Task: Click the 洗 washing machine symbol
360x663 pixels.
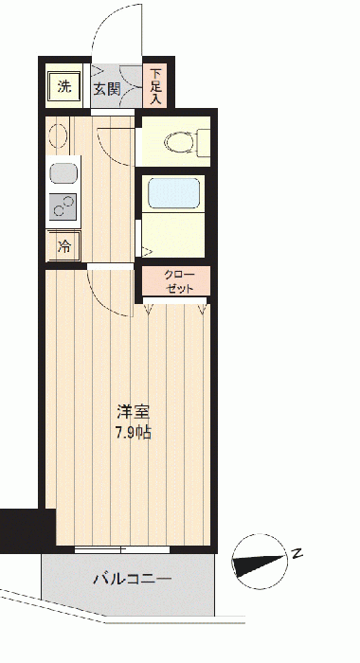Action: coord(63,87)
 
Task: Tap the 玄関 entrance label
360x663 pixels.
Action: coord(107,89)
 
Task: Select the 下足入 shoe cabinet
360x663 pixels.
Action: coord(155,86)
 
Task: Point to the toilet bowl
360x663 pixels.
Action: coord(181,142)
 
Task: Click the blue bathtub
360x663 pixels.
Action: coord(174,193)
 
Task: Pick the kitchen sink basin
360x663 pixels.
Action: coord(63,173)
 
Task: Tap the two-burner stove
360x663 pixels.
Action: coord(63,206)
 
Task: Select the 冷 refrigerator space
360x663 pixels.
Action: coord(63,246)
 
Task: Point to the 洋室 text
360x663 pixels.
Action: coord(134,411)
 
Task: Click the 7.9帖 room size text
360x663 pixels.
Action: coord(134,432)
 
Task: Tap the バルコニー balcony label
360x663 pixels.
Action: coord(133,578)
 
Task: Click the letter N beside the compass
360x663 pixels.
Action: coord(297,553)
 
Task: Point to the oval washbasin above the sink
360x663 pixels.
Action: coord(59,136)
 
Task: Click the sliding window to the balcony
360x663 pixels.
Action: coord(122,549)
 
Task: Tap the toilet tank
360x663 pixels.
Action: coord(204,142)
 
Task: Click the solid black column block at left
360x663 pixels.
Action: coord(27,530)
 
